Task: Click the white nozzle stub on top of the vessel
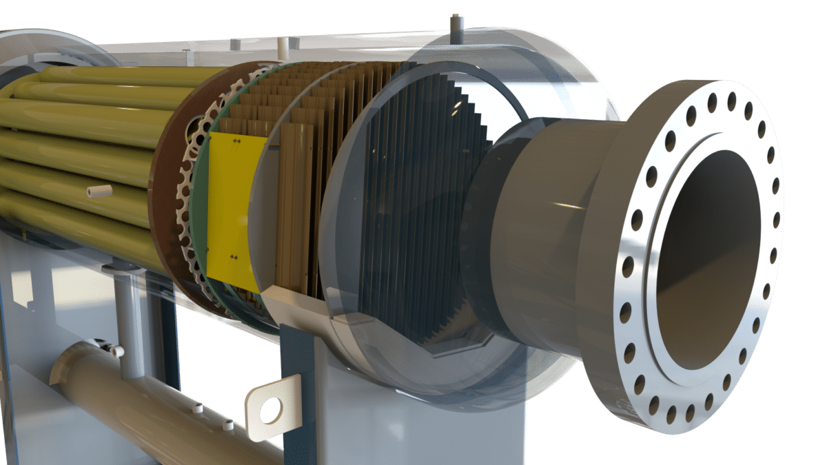click(282, 46)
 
